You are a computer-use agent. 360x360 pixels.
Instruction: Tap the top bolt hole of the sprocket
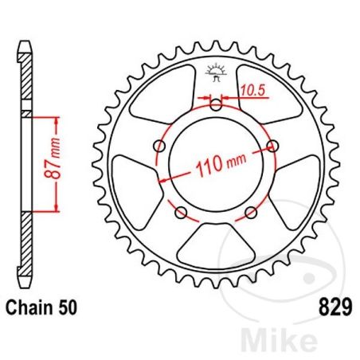217,104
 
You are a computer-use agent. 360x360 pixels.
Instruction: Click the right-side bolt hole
275,145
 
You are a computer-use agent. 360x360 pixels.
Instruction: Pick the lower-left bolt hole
182,213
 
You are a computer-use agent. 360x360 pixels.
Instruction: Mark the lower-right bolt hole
252,213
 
